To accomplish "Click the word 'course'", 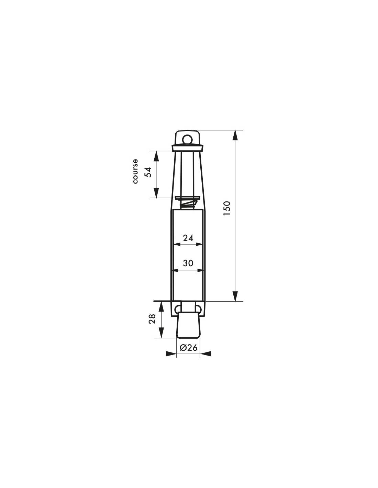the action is (x=135, y=171).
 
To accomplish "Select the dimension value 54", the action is (x=148, y=172).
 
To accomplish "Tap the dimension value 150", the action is (x=227, y=208).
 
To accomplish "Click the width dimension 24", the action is (x=188, y=238).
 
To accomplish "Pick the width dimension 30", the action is (x=188, y=263).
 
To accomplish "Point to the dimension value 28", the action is (x=152, y=318).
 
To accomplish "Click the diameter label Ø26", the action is (x=188, y=348).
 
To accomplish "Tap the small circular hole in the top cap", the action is (x=187, y=139).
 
